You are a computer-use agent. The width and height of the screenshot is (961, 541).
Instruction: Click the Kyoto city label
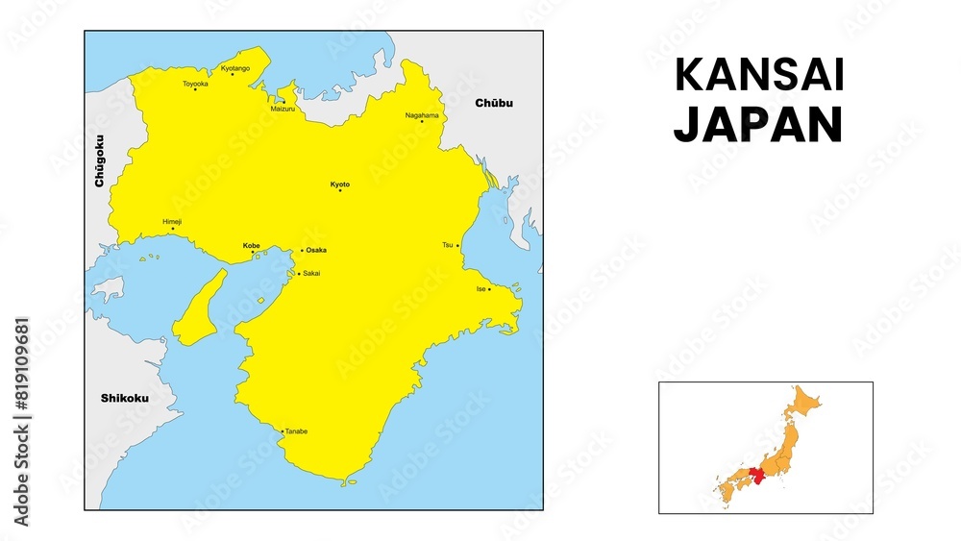tap(340, 184)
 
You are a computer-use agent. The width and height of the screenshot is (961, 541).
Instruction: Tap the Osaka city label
tap(316, 250)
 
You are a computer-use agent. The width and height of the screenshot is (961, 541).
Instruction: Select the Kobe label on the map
tap(251, 245)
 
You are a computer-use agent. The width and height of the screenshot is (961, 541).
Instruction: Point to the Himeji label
tap(172, 222)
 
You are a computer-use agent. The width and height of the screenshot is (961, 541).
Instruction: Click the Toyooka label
tap(195, 84)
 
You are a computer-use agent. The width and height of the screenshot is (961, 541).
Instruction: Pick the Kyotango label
tap(234, 68)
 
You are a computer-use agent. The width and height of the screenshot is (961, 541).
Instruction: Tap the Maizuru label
tap(283, 109)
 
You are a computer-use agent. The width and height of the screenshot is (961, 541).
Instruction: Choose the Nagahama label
tap(422, 115)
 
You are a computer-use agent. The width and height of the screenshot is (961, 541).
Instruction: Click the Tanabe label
tap(296, 431)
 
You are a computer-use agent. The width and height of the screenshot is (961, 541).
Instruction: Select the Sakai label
tap(311, 274)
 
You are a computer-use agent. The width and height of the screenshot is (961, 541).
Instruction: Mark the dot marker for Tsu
tap(457, 245)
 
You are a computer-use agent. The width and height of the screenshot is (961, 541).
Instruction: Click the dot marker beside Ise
tap(489, 288)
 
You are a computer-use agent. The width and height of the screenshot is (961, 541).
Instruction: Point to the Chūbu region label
tap(494, 104)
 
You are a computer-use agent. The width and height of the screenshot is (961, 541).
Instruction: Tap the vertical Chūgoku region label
tap(100, 160)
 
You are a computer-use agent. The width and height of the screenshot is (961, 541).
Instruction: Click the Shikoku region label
tap(125, 398)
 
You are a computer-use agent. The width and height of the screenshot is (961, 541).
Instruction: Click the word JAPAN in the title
tap(757, 125)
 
